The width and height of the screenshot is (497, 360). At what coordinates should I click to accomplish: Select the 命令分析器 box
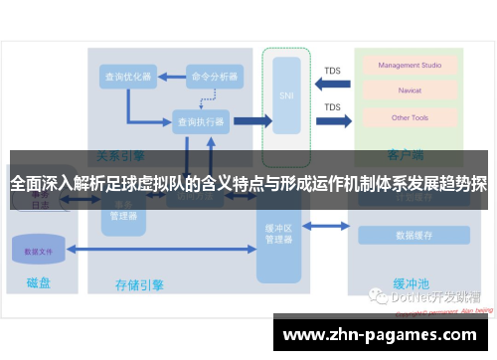tap(215, 76)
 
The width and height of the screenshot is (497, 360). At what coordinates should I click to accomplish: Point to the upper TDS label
tap(332, 71)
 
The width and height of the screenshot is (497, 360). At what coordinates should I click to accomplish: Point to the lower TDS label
tap(332, 107)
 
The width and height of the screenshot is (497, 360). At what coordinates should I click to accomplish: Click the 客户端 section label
tap(406, 157)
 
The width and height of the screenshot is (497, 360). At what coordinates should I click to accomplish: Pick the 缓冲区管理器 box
tap(279, 235)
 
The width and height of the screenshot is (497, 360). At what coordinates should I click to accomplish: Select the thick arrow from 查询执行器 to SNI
tap(251, 121)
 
